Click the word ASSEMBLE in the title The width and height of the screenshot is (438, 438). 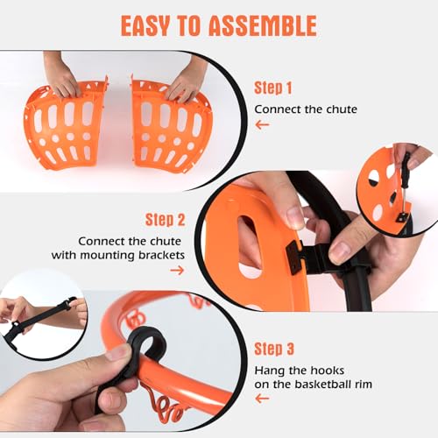pos(263,25)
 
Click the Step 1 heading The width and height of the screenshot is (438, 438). pos(272,88)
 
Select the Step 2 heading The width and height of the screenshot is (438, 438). pos(166,220)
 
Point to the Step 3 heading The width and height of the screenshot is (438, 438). pos(274,349)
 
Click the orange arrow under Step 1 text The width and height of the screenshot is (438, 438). pos(262,125)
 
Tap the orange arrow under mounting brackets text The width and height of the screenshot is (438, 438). pos(177,271)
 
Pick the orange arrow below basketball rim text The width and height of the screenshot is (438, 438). pos(262,399)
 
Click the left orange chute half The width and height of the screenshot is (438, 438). pos(66,125)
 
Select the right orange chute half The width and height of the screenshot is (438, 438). pos(171,125)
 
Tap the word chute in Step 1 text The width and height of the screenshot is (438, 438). pos(342,109)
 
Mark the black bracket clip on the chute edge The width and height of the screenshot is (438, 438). pos(295,258)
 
